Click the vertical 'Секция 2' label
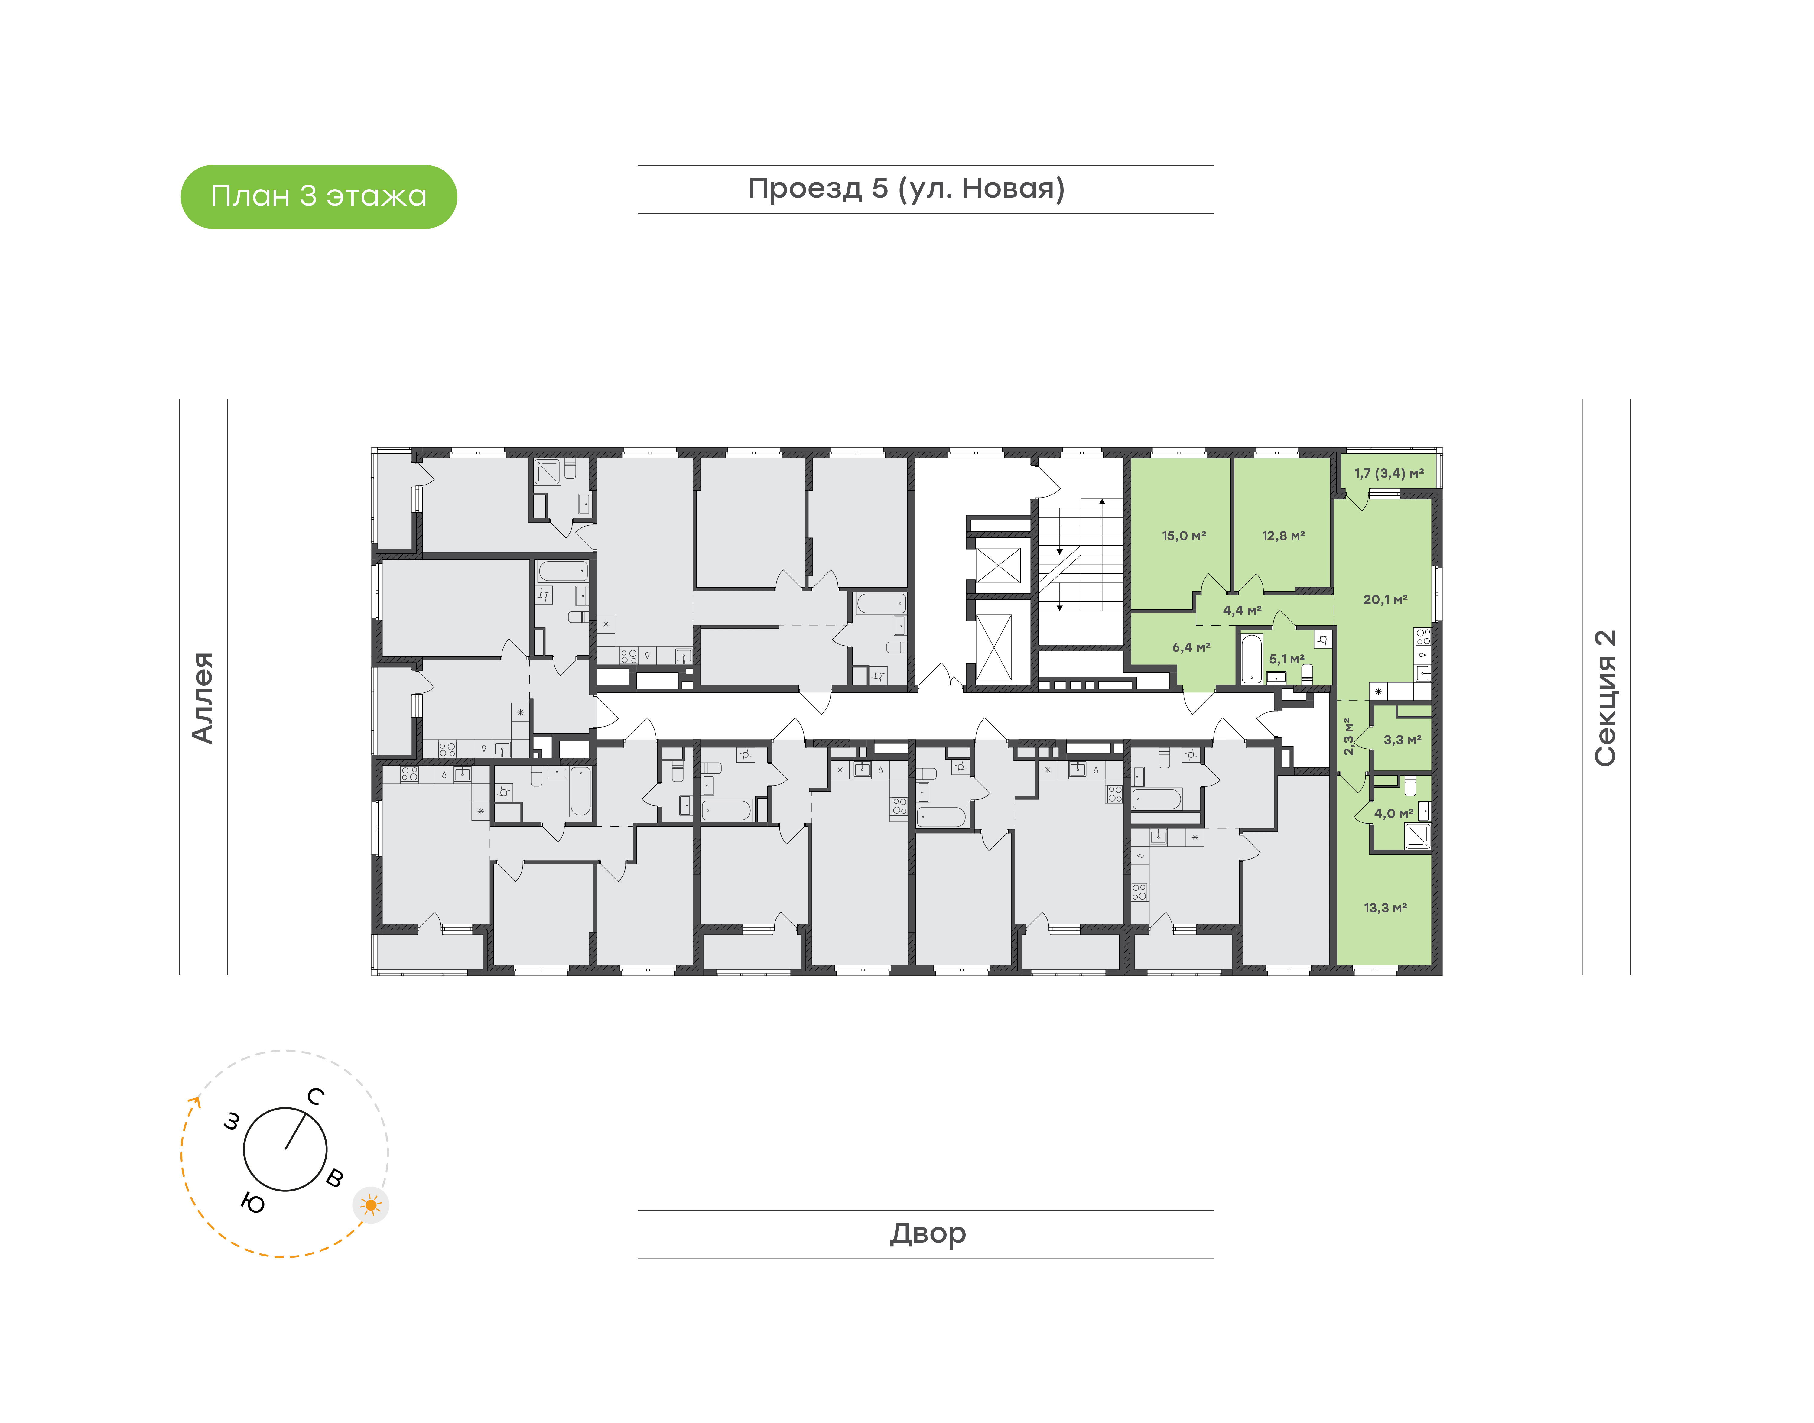(x=1605, y=698)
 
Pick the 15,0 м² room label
(x=1184, y=536)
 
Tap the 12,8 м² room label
(x=1283, y=536)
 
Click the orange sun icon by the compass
(x=371, y=1205)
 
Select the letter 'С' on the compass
(x=315, y=1096)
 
